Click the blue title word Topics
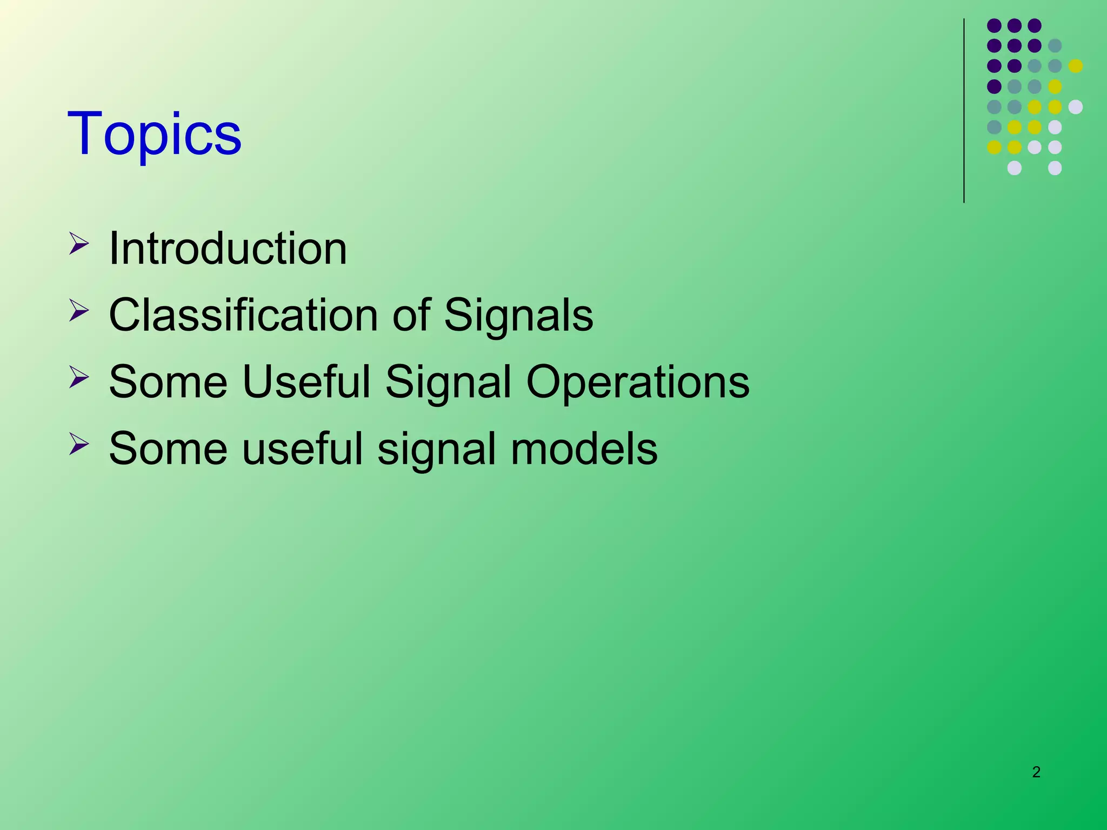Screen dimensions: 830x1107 (x=154, y=133)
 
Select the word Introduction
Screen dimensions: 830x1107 (x=228, y=249)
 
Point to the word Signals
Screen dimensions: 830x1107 (x=518, y=315)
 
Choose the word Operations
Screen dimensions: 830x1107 (x=638, y=382)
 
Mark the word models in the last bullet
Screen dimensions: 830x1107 (x=584, y=449)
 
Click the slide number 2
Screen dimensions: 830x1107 (x=1036, y=772)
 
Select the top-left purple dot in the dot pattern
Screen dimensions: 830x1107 (x=994, y=25)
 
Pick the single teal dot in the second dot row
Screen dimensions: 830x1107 (x=1055, y=46)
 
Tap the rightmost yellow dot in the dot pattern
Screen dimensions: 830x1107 (x=1076, y=66)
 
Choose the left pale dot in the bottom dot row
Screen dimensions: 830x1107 (x=1015, y=168)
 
